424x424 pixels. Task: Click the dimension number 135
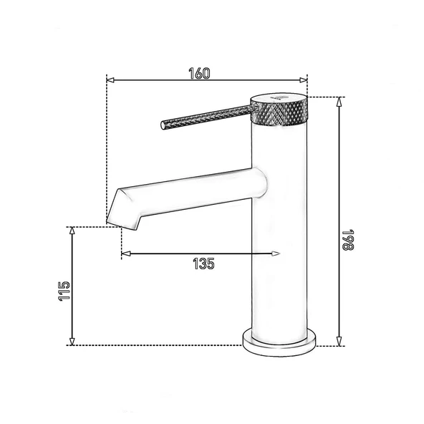(203, 263)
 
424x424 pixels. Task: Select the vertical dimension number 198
(348, 241)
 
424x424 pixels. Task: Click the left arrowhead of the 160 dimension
(110, 81)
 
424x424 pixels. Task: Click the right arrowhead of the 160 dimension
(304, 81)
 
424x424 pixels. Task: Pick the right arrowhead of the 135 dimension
(275, 253)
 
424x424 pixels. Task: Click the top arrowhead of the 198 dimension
(338, 100)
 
